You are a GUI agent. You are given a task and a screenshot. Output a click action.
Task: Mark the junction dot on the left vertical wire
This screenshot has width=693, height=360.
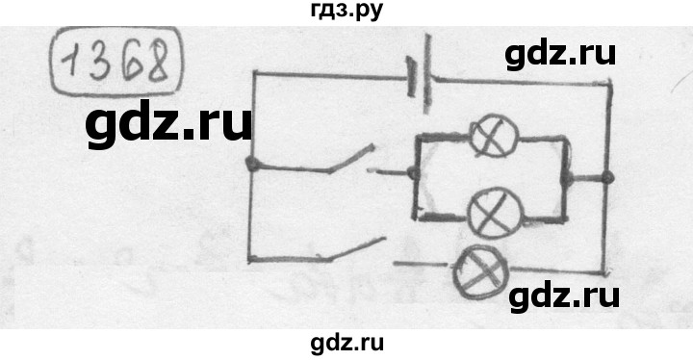click(x=251, y=165)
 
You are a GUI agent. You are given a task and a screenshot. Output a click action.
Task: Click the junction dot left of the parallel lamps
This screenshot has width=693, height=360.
click(x=413, y=173)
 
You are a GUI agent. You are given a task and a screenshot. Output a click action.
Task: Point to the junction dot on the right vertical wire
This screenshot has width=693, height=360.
click(x=607, y=177)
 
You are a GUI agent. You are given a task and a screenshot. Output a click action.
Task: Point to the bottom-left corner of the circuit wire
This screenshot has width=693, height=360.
click(x=250, y=259)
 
